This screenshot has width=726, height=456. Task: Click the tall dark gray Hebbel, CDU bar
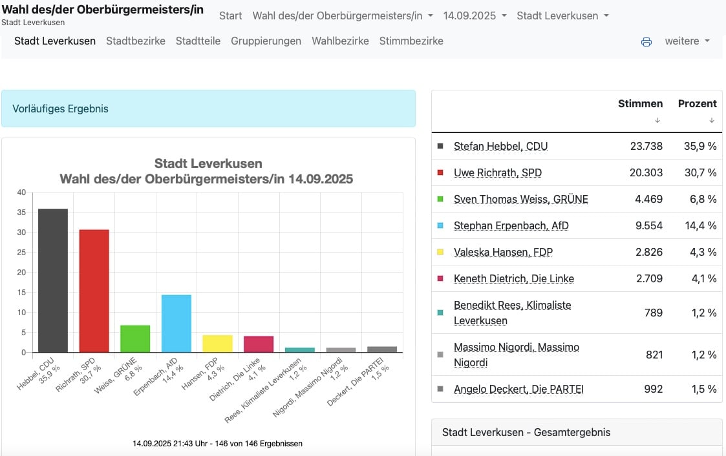coord(53,280)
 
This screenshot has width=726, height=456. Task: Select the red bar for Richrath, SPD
coord(94,291)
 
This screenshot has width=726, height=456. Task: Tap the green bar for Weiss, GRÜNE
coord(135,338)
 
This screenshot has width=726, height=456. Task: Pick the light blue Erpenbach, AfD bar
coord(176,324)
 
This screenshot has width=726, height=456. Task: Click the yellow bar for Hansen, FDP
coord(218,344)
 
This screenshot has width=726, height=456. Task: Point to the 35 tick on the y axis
coord(21,212)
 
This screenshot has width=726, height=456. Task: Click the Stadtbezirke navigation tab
coord(136,41)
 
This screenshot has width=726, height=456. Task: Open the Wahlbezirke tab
coord(340,41)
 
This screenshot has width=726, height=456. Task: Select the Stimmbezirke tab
coord(411,41)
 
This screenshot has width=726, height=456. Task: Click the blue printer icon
coord(646,42)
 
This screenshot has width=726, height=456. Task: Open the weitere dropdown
coord(687,41)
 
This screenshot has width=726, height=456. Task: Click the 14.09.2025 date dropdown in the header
coord(475,16)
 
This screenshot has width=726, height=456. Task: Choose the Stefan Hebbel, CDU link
coord(500,146)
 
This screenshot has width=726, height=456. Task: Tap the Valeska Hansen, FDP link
coord(504,252)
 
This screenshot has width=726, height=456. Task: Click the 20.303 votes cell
coord(646,172)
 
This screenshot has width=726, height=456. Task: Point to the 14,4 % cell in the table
coord(701,225)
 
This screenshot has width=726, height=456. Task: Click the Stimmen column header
coord(641,103)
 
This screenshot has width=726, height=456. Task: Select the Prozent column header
coord(698,103)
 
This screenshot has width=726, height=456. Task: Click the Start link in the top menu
coord(231,16)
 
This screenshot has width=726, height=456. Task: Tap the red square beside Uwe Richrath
coord(440,172)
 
